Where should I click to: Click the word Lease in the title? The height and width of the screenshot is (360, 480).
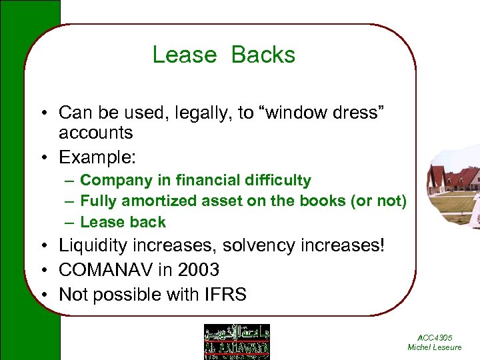pyautogui.click(x=185, y=55)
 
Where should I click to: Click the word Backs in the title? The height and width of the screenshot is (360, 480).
pyautogui.click(x=263, y=55)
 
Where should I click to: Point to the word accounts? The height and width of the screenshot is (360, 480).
pyautogui.click(x=96, y=133)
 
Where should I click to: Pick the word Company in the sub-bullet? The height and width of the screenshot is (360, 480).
pyautogui.click(x=110, y=180)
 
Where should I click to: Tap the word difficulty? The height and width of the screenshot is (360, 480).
pyautogui.click(x=276, y=180)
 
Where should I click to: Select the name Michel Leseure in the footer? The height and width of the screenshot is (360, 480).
pyautogui.click(x=434, y=348)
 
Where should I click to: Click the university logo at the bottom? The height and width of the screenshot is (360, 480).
pyautogui.click(x=237, y=341)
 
